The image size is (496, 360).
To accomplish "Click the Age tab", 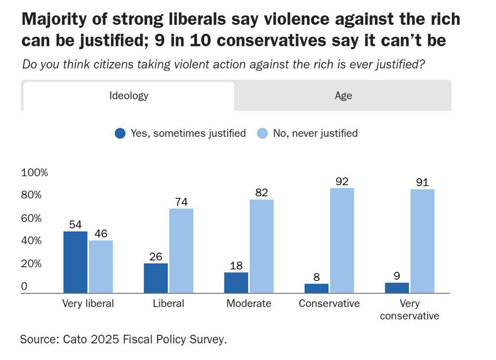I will [343, 96].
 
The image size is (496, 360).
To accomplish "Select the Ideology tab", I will [128, 96].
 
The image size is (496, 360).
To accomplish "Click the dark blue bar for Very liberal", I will [75, 262].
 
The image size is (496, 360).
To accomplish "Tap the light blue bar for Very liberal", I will [101, 266].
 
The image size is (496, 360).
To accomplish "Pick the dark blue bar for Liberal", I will [155, 278].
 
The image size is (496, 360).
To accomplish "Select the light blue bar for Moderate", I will [261, 246].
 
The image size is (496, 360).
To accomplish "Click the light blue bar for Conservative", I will [342, 240].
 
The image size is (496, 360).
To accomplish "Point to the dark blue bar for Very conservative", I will [396, 288].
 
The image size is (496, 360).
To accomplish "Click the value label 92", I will [342, 181].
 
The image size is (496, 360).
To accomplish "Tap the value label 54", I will [75, 225].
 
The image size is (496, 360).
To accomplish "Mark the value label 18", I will [236, 265].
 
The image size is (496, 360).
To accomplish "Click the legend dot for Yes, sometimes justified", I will [120, 133].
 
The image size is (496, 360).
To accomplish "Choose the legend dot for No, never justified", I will [263, 133].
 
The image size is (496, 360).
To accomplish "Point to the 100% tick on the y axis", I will [34, 172].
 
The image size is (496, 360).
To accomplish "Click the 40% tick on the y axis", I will [31, 241].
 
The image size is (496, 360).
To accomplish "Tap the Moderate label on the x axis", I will [249, 303].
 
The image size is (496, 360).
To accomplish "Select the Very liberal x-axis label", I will [88, 303].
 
